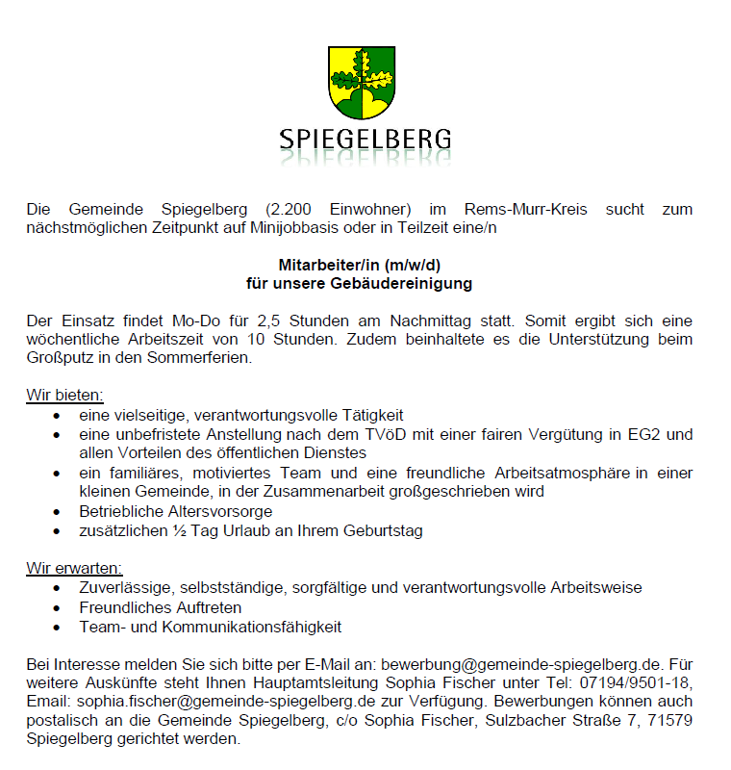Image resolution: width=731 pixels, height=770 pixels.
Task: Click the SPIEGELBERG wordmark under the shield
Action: [x=365, y=141]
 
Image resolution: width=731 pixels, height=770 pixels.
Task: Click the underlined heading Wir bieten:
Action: [x=64, y=396]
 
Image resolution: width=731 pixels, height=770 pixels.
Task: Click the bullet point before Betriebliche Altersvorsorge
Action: [x=60, y=512]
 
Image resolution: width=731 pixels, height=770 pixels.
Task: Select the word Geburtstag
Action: [x=380, y=530]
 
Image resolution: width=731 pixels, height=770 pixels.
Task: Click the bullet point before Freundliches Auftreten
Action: [x=60, y=608]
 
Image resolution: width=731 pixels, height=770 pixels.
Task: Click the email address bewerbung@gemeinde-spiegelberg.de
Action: [x=520, y=665]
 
